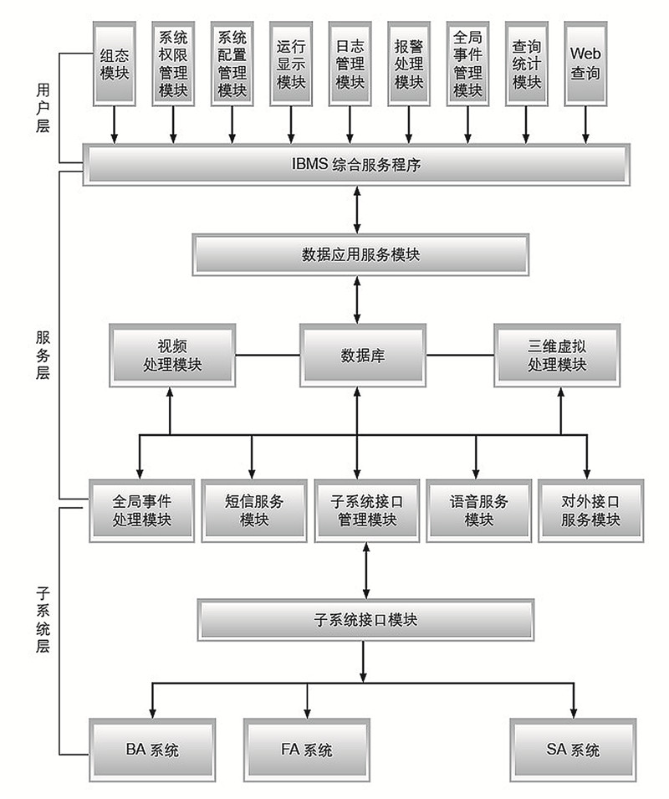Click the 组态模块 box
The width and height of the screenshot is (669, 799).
[114, 64]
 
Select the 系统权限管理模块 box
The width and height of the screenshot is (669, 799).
[173, 64]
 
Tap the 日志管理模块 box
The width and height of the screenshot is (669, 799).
[350, 64]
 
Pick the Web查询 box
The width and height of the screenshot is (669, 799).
[585, 64]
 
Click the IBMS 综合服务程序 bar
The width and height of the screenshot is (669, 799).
[355, 164]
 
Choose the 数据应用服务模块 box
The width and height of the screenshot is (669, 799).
[360, 254]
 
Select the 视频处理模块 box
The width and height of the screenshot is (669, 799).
[172, 356]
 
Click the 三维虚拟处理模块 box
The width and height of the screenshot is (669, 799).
[557, 356]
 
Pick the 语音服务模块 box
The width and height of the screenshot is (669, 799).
[478, 510]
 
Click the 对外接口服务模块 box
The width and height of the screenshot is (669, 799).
[590, 510]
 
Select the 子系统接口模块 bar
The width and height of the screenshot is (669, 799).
[365, 620]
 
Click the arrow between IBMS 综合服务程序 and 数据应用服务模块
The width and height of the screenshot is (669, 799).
[358, 209]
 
